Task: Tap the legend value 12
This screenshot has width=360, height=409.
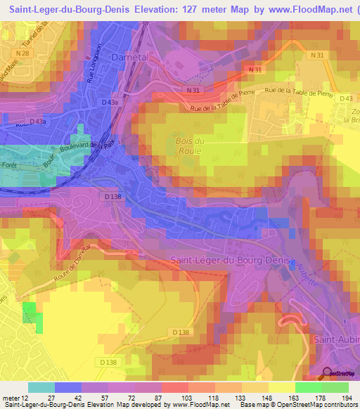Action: click(28, 398)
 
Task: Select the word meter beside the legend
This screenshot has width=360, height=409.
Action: click(11, 398)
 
